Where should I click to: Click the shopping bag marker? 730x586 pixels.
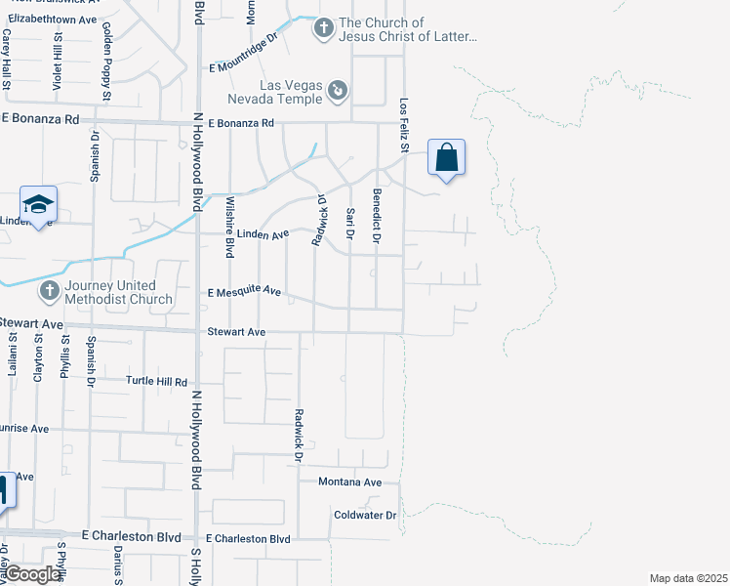[446, 158]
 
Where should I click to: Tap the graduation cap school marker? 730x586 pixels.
[38, 204]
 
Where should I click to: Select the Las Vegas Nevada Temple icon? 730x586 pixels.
[338, 91]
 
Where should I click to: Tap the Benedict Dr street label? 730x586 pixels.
[376, 224]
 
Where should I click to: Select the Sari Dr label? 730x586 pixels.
[348, 224]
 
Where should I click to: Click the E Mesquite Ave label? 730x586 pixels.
[245, 292]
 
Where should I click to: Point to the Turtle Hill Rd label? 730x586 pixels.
[156, 381]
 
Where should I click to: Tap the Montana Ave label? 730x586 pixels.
[349, 482]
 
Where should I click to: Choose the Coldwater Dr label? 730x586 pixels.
[363, 515]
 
